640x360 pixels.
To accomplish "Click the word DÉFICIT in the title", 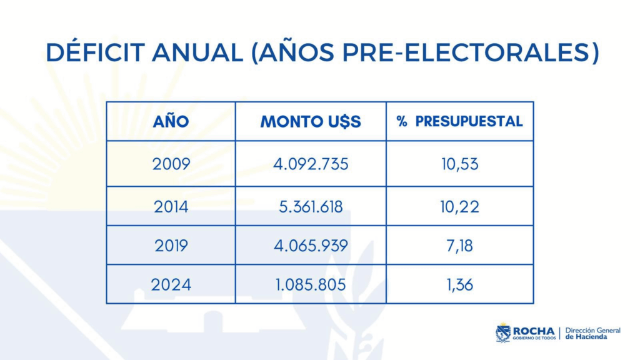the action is (x=95, y=52).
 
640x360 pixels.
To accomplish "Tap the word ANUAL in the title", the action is (x=197, y=52).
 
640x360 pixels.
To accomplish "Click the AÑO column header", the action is (x=171, y=121).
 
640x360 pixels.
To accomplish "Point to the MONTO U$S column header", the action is (x=311, y=122).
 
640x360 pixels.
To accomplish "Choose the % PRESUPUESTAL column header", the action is (x=459, y=121).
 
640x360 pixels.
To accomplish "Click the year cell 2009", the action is (x=171, y=164).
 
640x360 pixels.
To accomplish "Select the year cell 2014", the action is (x=171, y=207).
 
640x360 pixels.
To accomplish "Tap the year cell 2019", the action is (x=171, y=246).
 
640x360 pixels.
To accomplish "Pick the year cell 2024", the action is (x=171, y=284).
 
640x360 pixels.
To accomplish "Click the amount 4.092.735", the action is (x=311, y=164).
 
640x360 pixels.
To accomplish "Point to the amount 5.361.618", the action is (x=311, y=207).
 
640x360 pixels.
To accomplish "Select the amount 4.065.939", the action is (x=311, y=246).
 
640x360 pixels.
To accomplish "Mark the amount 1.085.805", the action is (x=311, y=284).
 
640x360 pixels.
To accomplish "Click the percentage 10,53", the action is (x=459, y=164).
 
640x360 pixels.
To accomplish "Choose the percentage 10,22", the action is (x=459, y=207).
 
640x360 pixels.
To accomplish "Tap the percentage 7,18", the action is (x=459, y=246).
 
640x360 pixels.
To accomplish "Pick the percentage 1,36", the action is (x=459, y=284).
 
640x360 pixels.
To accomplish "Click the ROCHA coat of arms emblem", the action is (x=503, y=332).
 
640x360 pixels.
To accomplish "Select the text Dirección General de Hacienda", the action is (x=592, y=334).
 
